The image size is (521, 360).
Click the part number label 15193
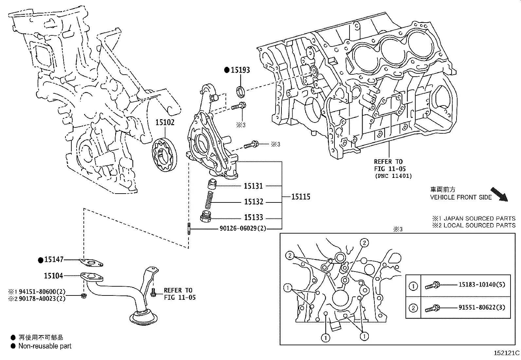(x=240, y=70)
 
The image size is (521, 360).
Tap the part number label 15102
(x=165, y=122)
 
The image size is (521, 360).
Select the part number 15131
(x=253, y=186)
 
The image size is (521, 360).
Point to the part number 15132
(x=254, y=202)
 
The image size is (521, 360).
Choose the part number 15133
(x=254, y=217)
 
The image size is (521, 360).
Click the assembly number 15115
(x=301, y=197)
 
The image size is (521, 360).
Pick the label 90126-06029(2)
(x=243, y=228)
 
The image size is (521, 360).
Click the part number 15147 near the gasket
(x=54, y=259)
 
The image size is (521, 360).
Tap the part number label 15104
(x=53, y=276)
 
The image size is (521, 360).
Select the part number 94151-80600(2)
(x=42, y=292)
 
